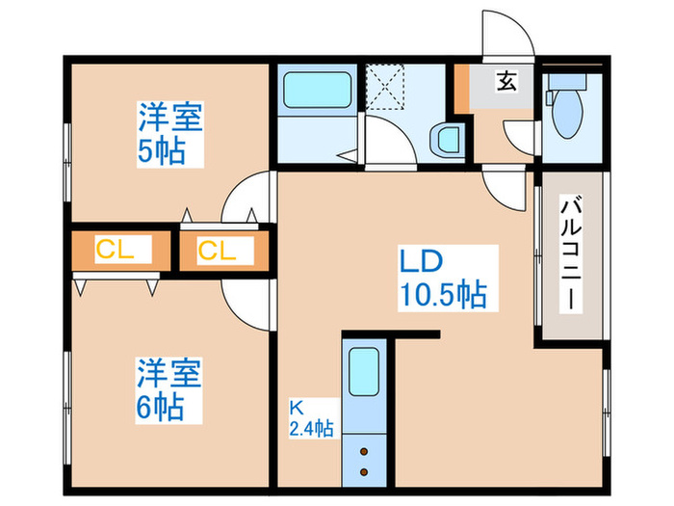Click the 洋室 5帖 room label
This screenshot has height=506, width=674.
[168, 135]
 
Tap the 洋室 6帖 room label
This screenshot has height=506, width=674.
[168, 388]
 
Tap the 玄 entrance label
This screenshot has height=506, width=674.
[505, 82]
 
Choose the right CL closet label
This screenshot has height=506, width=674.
[217, 251]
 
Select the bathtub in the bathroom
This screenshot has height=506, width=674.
[316, 92]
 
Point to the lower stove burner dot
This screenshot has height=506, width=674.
[365, 471]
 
